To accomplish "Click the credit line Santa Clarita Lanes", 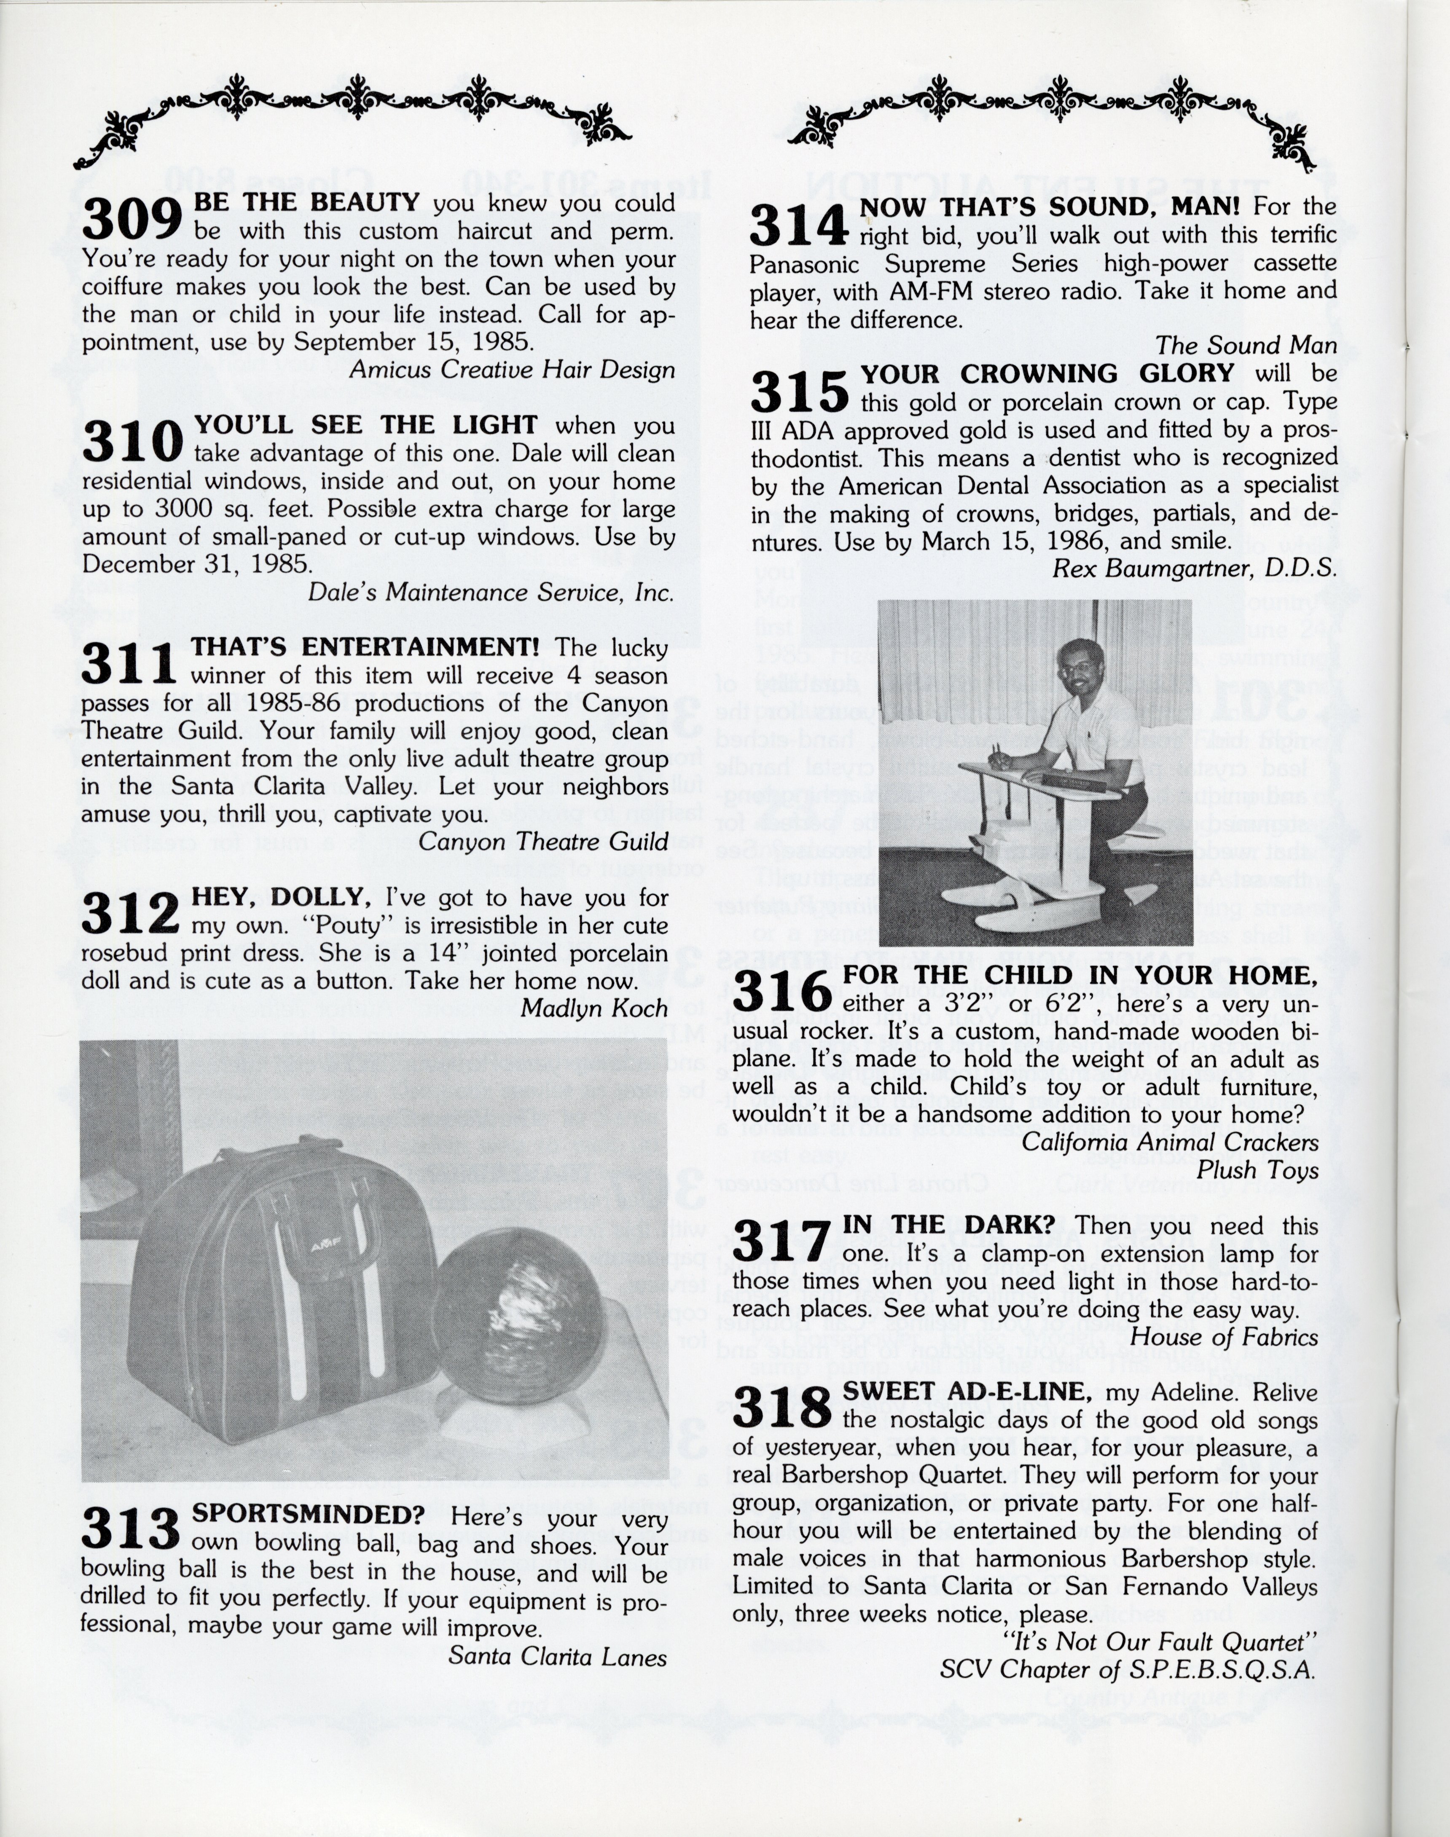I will [x=557, y=1657].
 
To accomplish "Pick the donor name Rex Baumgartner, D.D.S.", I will [x=1194, y=569].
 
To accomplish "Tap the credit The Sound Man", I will [x=1246, y=346].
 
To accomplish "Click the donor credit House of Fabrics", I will [x=1224, y=1337].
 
